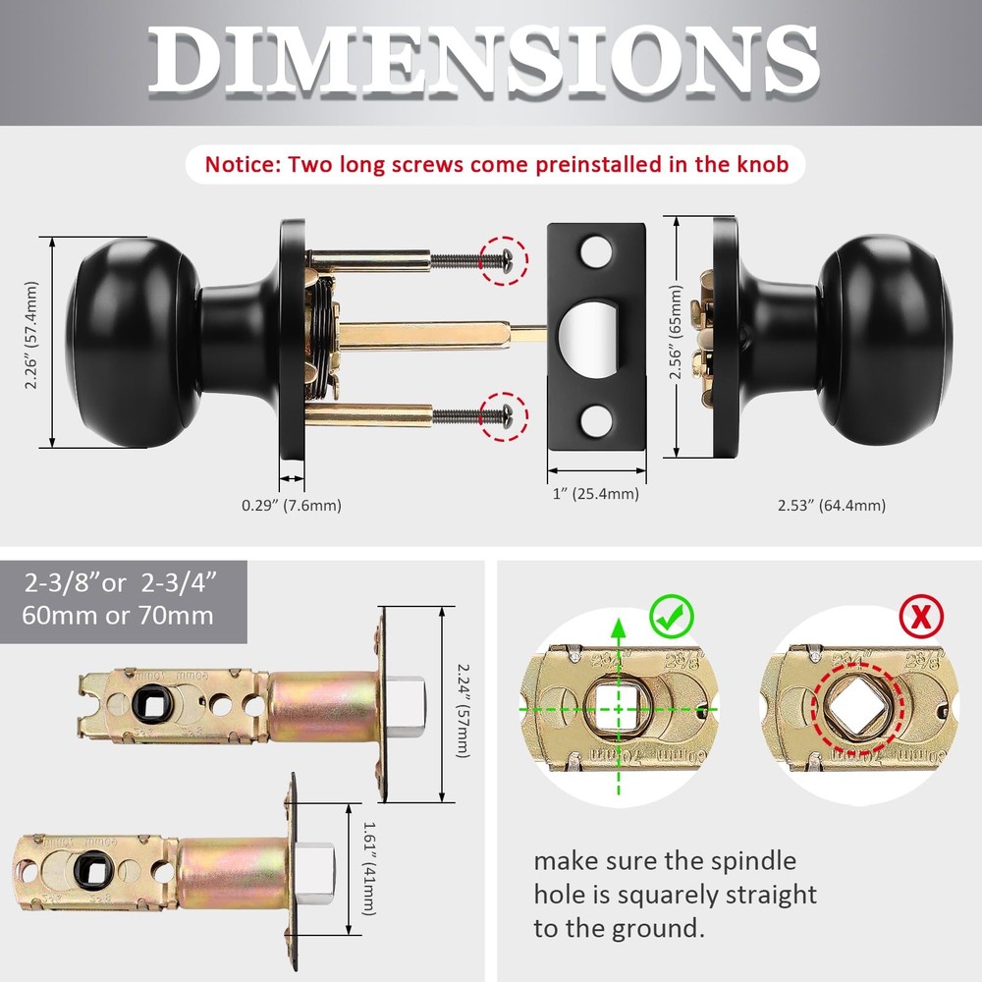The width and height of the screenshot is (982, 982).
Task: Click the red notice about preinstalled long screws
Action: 496,164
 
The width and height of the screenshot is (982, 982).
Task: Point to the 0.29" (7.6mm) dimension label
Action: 292,506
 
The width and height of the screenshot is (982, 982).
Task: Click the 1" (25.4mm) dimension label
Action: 595,494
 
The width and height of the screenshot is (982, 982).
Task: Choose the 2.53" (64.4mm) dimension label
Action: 831,506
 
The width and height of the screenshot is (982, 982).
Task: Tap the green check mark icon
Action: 672,617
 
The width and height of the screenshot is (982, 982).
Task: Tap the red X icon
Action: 922,617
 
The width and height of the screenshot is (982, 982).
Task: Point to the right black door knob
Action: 884,339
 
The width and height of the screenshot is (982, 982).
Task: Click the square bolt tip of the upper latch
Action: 408,705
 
